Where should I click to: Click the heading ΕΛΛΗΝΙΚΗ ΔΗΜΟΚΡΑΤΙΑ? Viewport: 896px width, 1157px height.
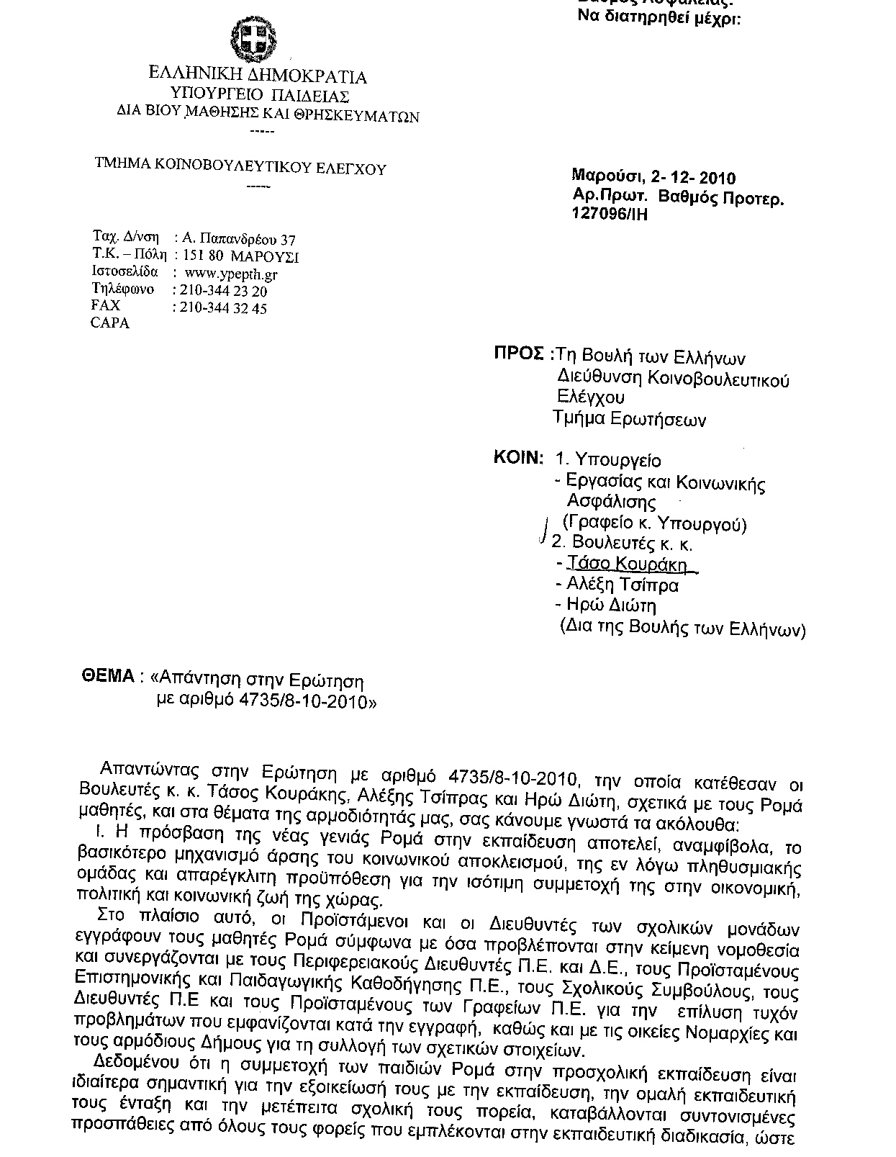258,76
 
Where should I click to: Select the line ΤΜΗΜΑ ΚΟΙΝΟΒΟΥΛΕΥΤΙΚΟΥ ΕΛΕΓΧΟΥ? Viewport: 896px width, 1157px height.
241,168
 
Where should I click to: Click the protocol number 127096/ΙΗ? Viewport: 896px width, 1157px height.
610,215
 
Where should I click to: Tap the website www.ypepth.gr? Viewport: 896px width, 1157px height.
231,274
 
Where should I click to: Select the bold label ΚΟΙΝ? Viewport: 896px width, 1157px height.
517,457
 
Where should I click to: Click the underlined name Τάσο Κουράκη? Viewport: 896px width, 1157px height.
627,564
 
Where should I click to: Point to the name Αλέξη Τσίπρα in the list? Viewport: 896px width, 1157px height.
622,585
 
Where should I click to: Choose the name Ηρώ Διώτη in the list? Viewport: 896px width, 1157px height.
611,605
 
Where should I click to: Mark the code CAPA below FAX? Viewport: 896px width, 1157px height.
110,323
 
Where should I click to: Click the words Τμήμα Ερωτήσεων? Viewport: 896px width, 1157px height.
629,419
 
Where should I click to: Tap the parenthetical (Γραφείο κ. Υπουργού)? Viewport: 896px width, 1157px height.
654,523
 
